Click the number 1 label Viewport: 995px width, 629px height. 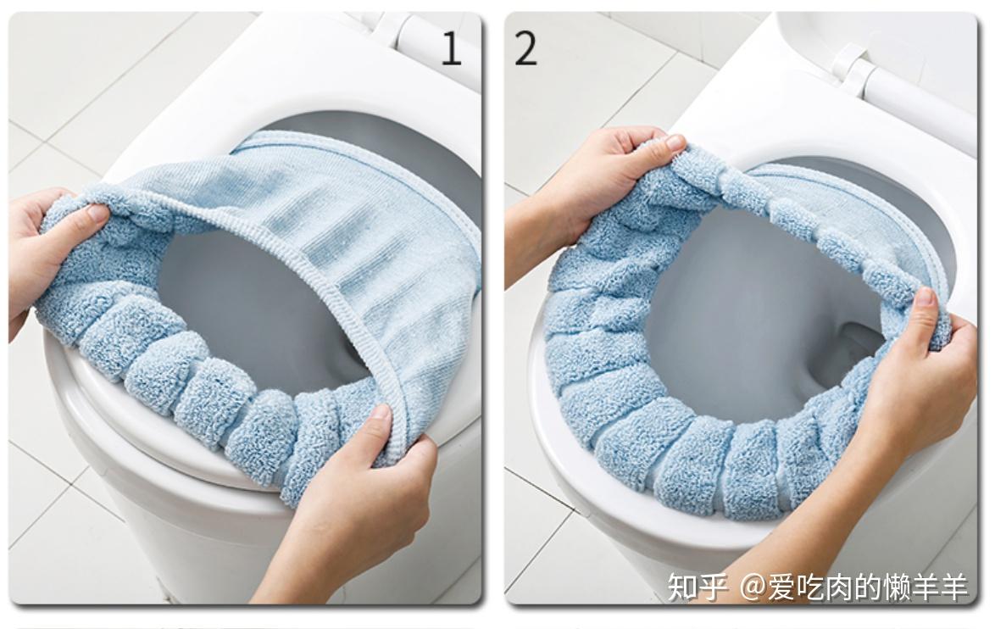tap(451, 48)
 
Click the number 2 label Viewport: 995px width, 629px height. tap(525, 48)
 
